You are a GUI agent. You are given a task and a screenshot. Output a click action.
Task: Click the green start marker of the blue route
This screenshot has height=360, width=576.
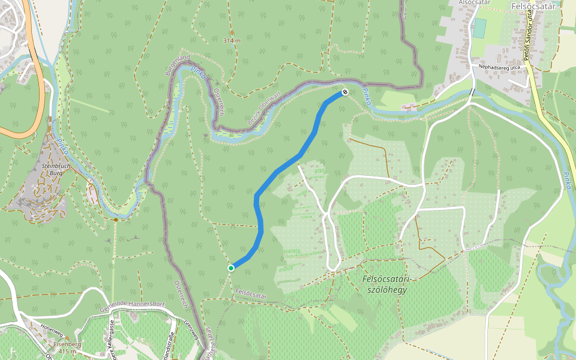tap(230, 268)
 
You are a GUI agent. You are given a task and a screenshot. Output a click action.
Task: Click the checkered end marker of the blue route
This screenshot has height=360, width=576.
tap(345, 92)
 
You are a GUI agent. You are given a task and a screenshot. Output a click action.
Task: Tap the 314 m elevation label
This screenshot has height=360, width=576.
tap(231, 41)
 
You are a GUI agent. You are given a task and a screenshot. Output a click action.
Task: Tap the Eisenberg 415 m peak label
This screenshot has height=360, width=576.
tap(67, 347)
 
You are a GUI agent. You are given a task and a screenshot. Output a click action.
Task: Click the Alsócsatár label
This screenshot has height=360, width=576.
tap(475, 3)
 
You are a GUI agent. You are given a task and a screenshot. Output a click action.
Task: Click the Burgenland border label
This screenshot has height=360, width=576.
tap(178, 64)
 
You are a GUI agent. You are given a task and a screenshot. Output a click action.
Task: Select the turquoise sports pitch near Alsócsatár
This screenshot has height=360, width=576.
tap(479, 28)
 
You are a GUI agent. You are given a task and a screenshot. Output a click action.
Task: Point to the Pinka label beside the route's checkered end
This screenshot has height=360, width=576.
tap(367, 98)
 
